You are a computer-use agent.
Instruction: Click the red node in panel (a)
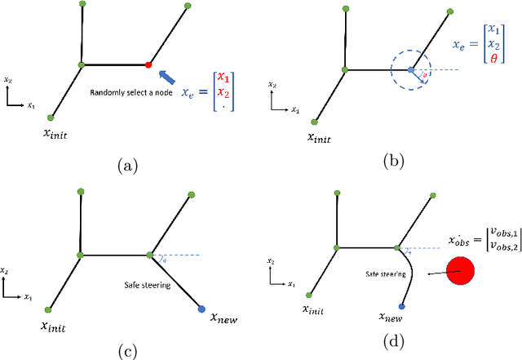pyautogui.click(x=148, y=64)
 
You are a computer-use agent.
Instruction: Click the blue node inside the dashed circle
pyautogui.click(x=412, y=69)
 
